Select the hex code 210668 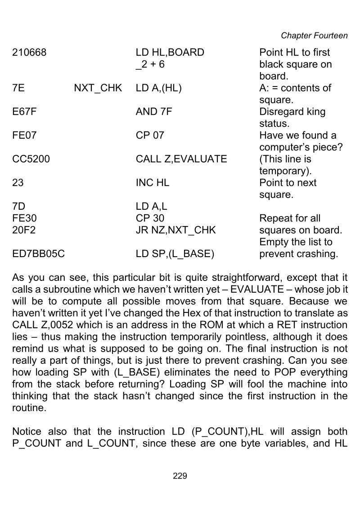[29, 53]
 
